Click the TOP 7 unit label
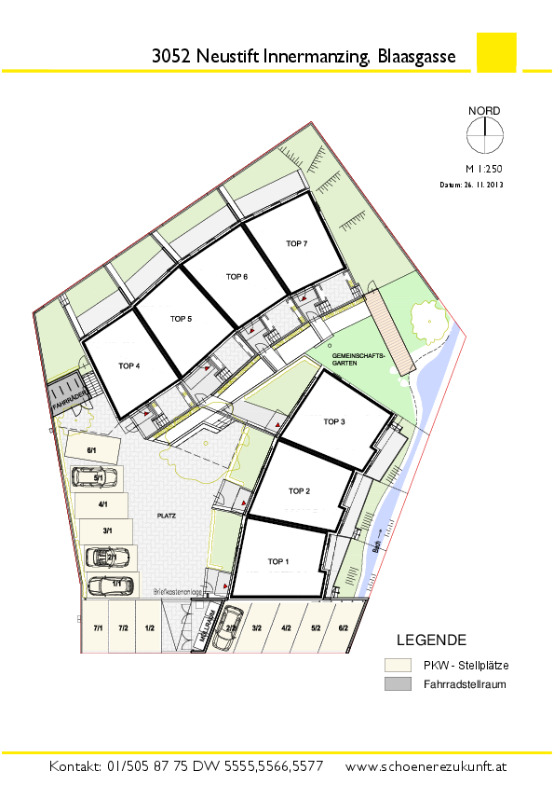pyautogui.click(x=296, y=243)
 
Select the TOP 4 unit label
pyautogui.click(x=128, y=366)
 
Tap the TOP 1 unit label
pyautogui.click(x=278, y=561)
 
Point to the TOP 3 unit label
pyautogui.click(x=334, y=421)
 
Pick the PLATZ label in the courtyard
pyautogui.click(x=168, y=515)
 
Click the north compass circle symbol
pyautogui.click(x=483, y=138)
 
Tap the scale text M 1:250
pyautogui.click(x=483, y=171)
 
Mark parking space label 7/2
pyautogui.click(x=123, y=628)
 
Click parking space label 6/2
pyautogui.click(x=343, y=628)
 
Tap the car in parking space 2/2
pyautogui.click(x=232, y=627)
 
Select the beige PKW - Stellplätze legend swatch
pyautogui.click(x=397, y=665)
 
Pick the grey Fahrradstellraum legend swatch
pyautogui.click(x=397, y=685)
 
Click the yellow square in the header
pyautogui.click(x=495, y=52)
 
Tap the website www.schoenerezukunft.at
pyautogui.click(x=426, y=766)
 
